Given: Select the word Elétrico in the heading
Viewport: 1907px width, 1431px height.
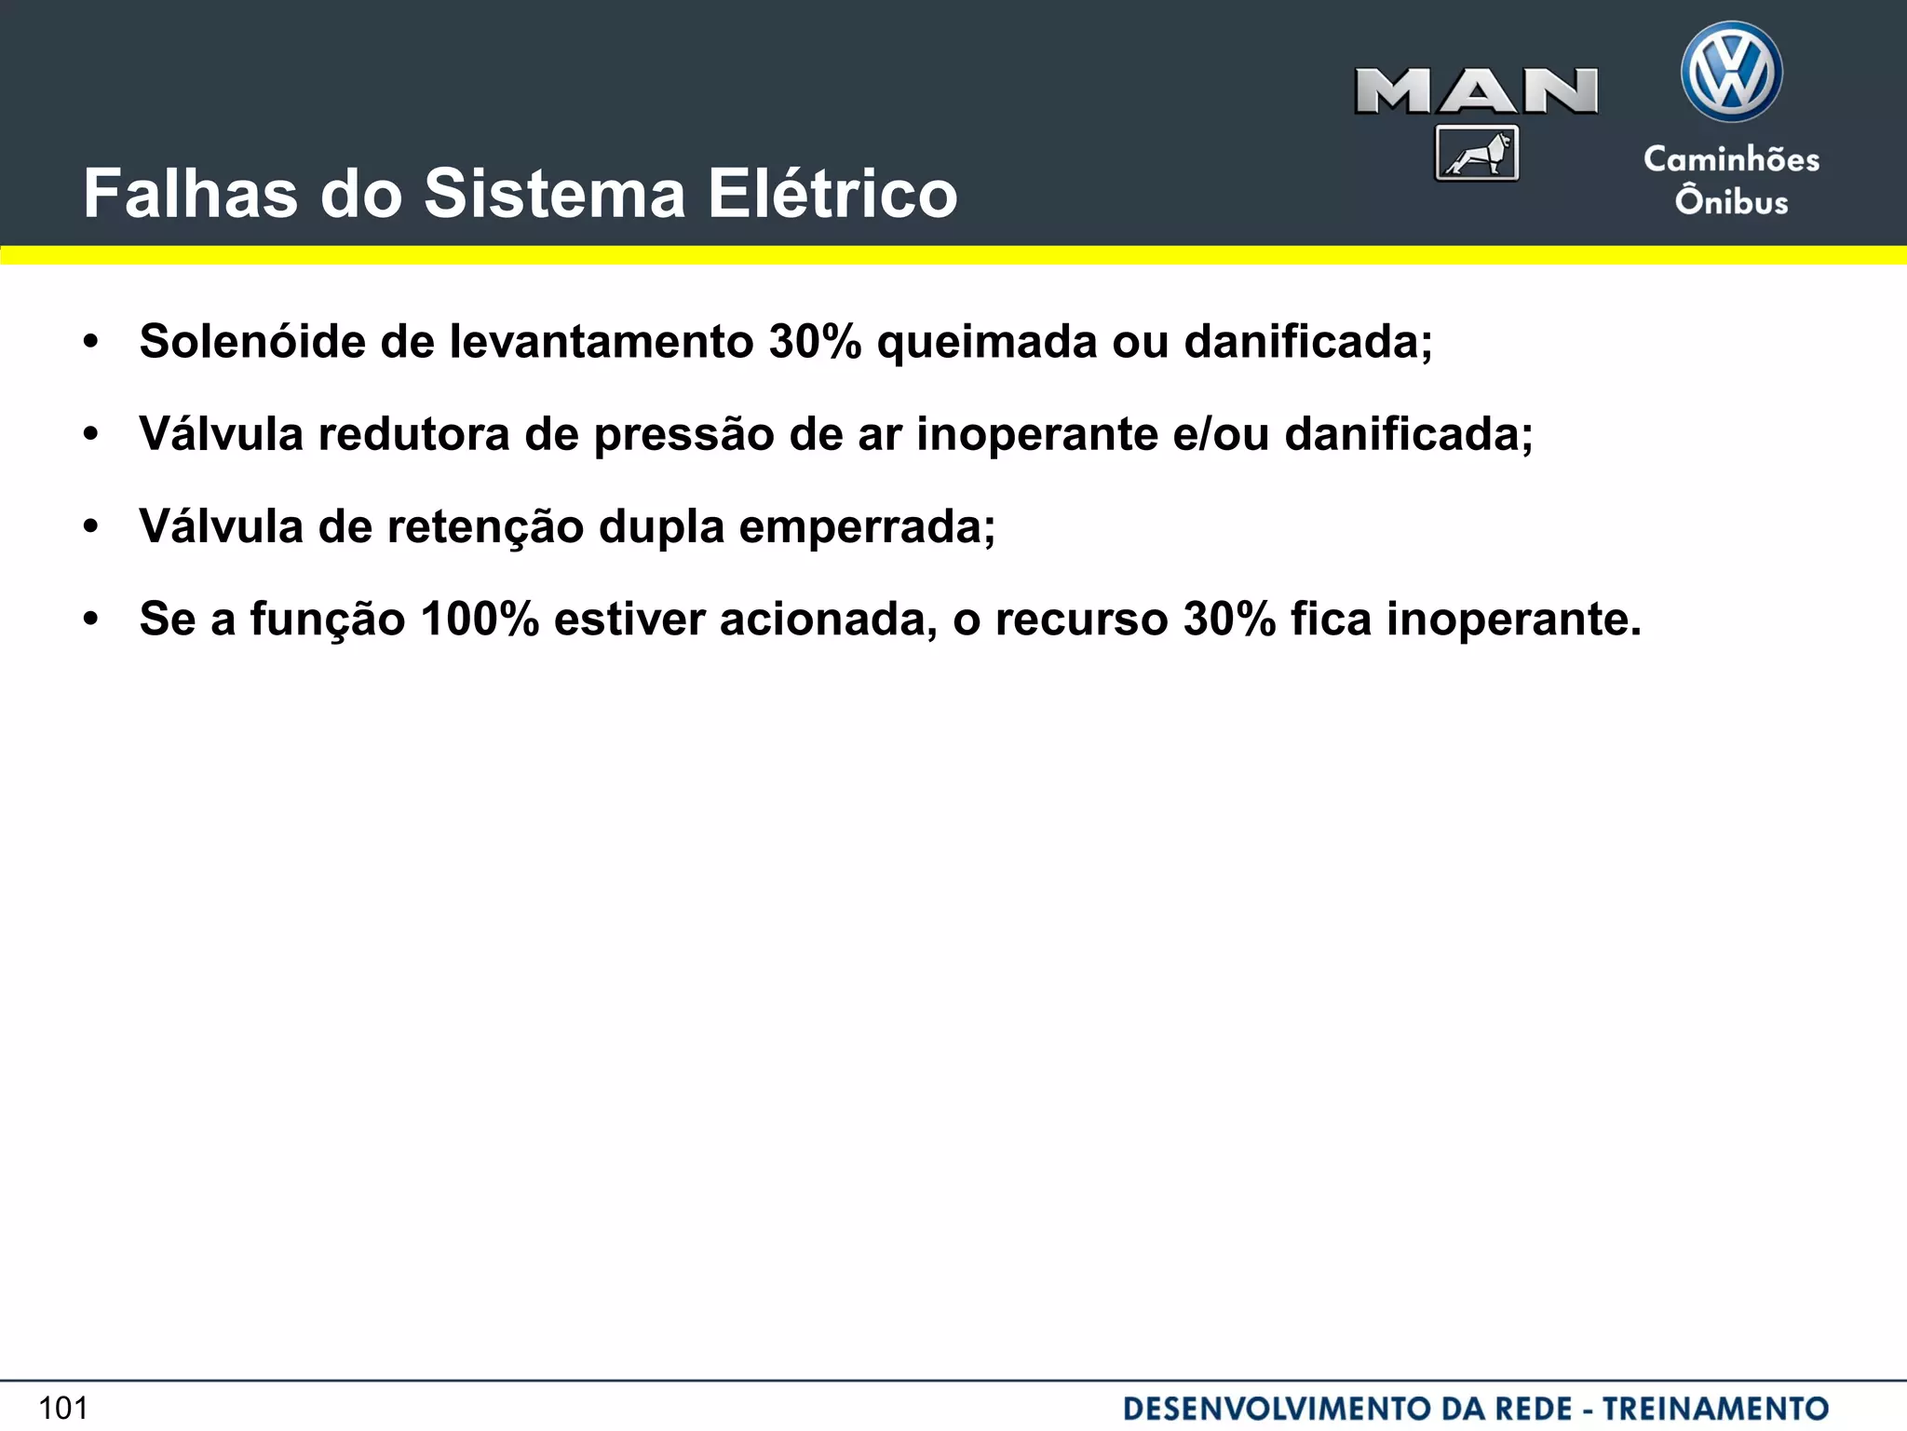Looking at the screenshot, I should [832, 194].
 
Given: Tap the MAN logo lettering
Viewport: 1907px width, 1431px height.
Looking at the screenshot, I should [1476, 92].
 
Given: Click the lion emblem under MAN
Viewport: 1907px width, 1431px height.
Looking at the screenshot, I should [1477, 153].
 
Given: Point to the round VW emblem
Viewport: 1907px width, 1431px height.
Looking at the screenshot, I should [1731, 72].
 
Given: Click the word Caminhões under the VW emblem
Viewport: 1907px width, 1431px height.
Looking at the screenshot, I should [1731, 159].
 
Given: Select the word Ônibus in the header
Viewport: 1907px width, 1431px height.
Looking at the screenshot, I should [1731, 201].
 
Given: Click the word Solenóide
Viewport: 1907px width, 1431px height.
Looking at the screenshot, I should [251, 341].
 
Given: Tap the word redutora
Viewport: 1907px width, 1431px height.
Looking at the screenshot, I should [413, 434].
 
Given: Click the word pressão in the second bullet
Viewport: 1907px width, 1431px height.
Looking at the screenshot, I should [683, 434].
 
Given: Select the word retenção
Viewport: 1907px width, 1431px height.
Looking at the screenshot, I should [484, 526].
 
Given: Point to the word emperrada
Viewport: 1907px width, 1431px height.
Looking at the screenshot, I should [867, 526].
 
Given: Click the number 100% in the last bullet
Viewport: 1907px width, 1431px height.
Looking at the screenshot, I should [480, 619].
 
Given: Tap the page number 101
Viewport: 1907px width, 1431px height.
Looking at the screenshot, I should [63, 1408].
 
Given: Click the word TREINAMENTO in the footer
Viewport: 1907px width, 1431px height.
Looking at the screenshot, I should [1715, 1408].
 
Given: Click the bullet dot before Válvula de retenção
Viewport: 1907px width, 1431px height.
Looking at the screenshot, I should [90, 527].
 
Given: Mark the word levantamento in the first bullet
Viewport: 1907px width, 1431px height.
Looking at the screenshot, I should [602, 341].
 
